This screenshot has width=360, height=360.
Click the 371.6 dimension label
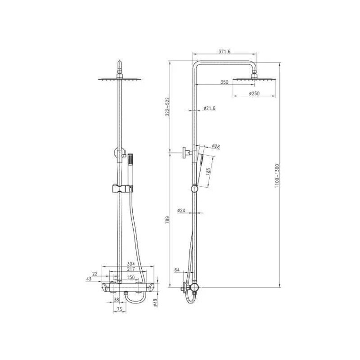(x=224, y=52)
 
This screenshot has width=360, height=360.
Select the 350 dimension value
(x=224, y=82)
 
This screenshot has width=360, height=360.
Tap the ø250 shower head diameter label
(x=254, y=94)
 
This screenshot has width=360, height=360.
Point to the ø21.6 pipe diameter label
(x=209, y=108)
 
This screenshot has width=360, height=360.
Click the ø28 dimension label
(x=216, y=146)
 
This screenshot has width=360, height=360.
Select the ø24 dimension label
(x=181, y=210)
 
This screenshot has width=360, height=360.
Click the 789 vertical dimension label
(x=167, y=220)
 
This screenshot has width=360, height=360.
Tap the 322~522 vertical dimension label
(x=167, y=107)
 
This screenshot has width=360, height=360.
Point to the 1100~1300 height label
(x=277, y=176)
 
